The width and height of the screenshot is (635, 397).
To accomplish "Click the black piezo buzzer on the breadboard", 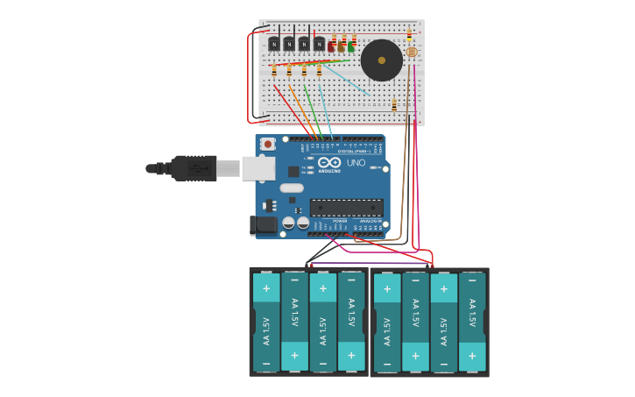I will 381,60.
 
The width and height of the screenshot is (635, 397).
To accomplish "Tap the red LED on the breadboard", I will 332,46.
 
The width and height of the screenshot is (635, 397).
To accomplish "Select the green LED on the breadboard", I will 351,46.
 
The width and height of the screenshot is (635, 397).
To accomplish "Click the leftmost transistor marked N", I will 274,44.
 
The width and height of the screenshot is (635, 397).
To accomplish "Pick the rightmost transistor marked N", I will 319,44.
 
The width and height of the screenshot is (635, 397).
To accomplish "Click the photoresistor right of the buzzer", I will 411,53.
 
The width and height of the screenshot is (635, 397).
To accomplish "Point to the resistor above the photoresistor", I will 409,34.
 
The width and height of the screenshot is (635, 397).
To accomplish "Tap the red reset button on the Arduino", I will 268,144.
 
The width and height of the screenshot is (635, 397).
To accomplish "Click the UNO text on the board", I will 356,163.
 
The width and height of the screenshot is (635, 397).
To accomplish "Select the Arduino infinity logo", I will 329,162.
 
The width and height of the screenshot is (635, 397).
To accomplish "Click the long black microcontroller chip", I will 346,208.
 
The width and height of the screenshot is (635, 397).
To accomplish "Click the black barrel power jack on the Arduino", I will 263,225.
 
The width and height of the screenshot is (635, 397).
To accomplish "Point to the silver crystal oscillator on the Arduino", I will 292,188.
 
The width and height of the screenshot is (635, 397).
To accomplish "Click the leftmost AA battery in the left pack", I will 266,323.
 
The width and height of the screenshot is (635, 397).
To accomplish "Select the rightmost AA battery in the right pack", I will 472,323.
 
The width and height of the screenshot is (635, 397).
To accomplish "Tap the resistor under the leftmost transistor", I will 274,70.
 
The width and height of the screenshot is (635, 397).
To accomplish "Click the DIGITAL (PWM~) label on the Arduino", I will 355,151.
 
